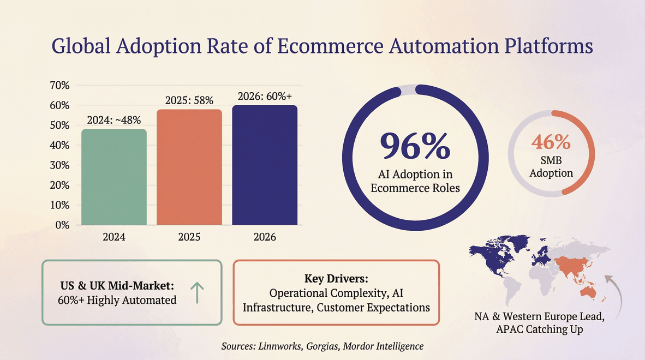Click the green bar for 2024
[113, 177]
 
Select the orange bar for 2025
[189, 167]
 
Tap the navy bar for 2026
[265, 165]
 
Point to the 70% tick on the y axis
[59, 85]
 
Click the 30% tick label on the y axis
[59, 165]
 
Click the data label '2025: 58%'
[189, 100]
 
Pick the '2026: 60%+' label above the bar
[265, 97]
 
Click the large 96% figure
[415, 146]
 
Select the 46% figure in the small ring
[551, 142]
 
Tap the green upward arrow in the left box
[197, 293]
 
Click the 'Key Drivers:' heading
[336, 278]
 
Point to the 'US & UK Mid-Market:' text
[117, 286]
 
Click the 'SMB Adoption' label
[551, 167]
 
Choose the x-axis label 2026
[265, 238]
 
